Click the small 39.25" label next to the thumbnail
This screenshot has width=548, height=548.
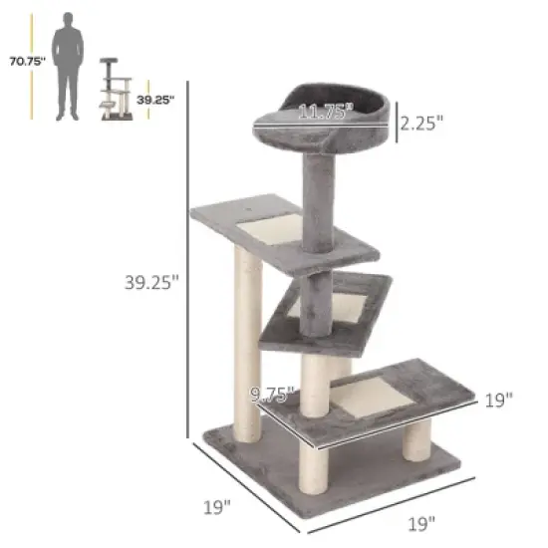point(156,100)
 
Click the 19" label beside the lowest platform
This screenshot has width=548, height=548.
point(498,400)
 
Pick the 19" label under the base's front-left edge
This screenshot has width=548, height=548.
point(217,506)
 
